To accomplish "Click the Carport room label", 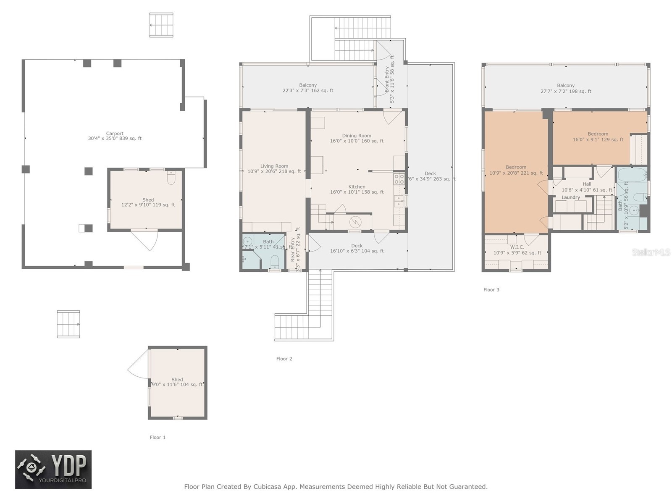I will [115, 134].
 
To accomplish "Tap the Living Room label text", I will [274, 166].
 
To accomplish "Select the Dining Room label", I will [357, 136].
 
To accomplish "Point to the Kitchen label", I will [357, 187].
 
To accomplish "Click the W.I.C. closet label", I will [517, 247].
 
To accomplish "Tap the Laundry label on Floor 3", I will [571, 197].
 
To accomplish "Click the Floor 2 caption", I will [284, 359].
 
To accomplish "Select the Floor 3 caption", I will [491, 290].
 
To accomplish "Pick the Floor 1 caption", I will [158, 437].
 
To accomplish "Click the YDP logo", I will [53, 470].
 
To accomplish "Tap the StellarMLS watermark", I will [651, 252].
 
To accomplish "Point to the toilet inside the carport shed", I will [171, 179].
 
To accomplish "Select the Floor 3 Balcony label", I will [566, 86].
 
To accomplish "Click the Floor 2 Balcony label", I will [308, 85].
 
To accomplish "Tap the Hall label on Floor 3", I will [587, 184].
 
